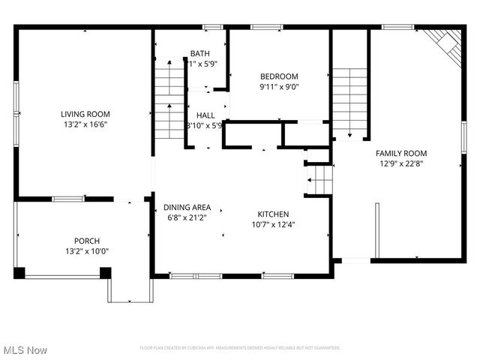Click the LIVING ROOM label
click(85, 114)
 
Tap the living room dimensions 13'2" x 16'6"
click(85, 125)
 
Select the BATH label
click(199, 53)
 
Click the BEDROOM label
click(279, 76)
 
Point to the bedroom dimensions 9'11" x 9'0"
click(279, 86)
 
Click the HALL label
click(206, 115)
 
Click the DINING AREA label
click(187, 207)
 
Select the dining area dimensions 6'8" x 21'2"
click(187, 218)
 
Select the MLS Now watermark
click(25, 350)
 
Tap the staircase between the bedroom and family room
click(349, 103)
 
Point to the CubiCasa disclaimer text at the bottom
click(240, 348)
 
